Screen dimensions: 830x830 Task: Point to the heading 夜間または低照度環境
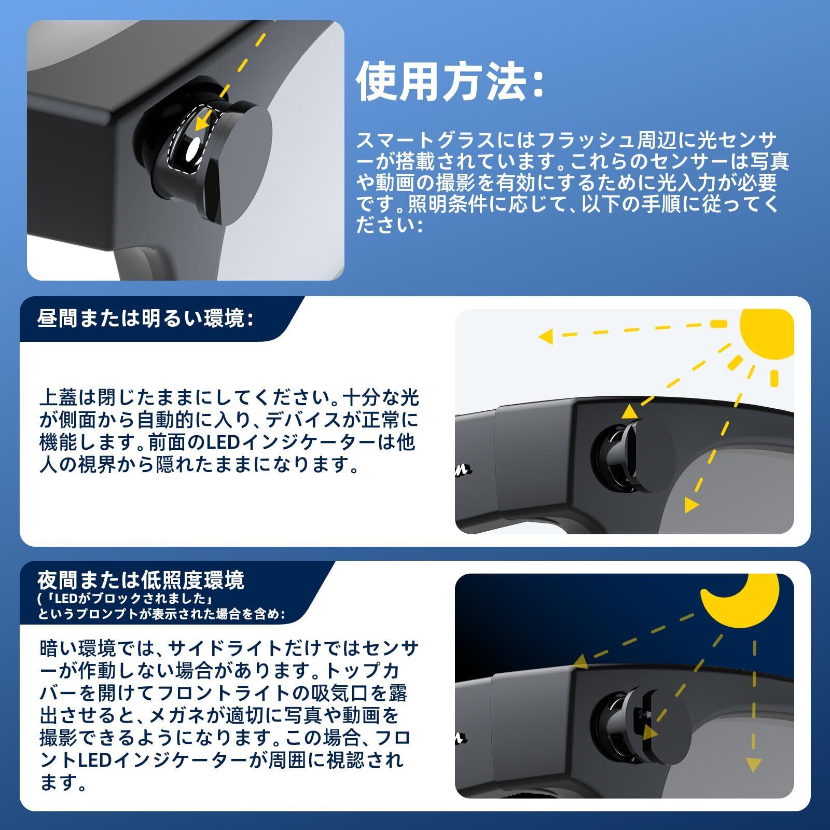tap(141, 580)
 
